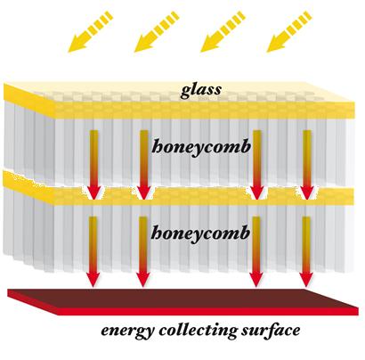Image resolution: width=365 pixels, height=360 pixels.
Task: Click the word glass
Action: [x=201, y=90]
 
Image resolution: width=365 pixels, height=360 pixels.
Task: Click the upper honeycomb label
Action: [x=201, y=147]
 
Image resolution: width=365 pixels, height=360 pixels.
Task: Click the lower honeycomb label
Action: [x=200, y=233]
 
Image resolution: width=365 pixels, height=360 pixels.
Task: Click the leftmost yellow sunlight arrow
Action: [x=90, y=31]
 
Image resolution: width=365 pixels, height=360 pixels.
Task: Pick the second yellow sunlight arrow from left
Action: [x=157, y=31]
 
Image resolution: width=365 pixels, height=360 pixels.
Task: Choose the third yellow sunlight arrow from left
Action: [x=223, y=31]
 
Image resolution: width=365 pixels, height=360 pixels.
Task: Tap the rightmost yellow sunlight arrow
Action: [x=289, y=31]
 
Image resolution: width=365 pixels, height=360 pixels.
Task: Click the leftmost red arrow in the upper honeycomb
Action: [x=94, y=165]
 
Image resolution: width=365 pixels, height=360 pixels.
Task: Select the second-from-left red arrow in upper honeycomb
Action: [x=144, y=165]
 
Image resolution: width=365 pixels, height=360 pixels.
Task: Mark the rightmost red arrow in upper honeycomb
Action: [x=307, y=165]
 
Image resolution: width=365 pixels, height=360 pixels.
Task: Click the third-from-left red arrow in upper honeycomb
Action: [x=257, y=165]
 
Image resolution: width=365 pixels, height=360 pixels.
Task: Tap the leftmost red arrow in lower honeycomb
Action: [x=93, y=252]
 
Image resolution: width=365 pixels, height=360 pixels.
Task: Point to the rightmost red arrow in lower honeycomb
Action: [x=306, y=252]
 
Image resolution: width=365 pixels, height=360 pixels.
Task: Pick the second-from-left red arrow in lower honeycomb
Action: [x=143, y=252]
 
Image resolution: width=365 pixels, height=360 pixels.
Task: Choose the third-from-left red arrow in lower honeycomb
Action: [x=256, y=252]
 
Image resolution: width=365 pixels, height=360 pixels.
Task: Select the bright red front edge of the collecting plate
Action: [x=207, y=311]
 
